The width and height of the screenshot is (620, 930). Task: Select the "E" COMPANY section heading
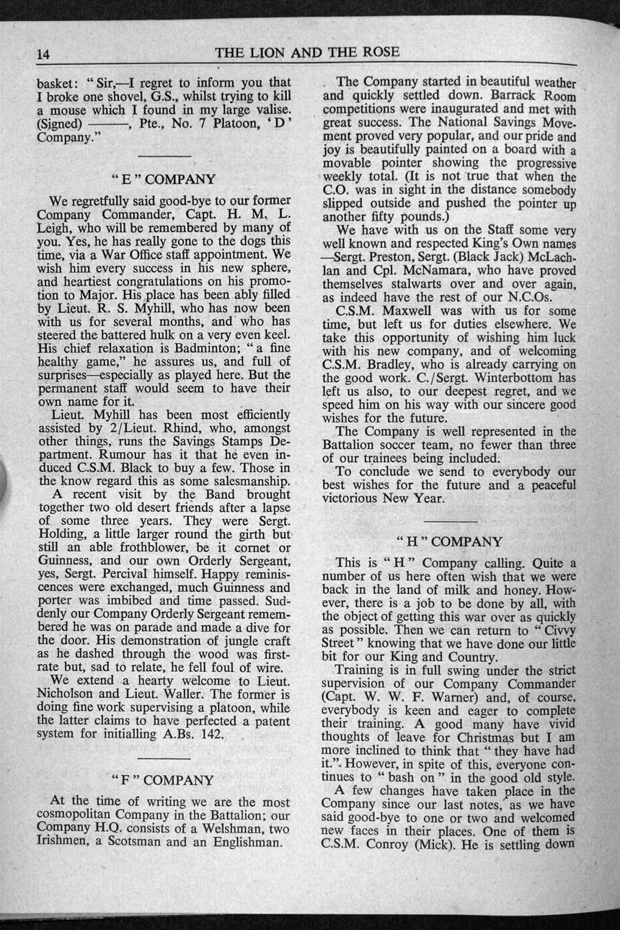164,178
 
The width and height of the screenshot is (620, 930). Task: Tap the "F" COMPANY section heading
164,780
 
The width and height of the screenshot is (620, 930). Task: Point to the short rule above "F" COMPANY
163,758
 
